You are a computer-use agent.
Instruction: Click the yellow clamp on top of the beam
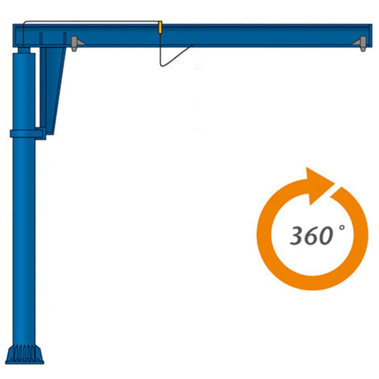[x=160, y=27]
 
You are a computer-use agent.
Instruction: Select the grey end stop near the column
[x=75, y=43]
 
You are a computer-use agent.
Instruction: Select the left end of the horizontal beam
[x=18, y=34]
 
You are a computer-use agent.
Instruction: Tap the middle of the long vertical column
[x=24, y=238]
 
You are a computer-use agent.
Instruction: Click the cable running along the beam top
[x=91, y=22]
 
